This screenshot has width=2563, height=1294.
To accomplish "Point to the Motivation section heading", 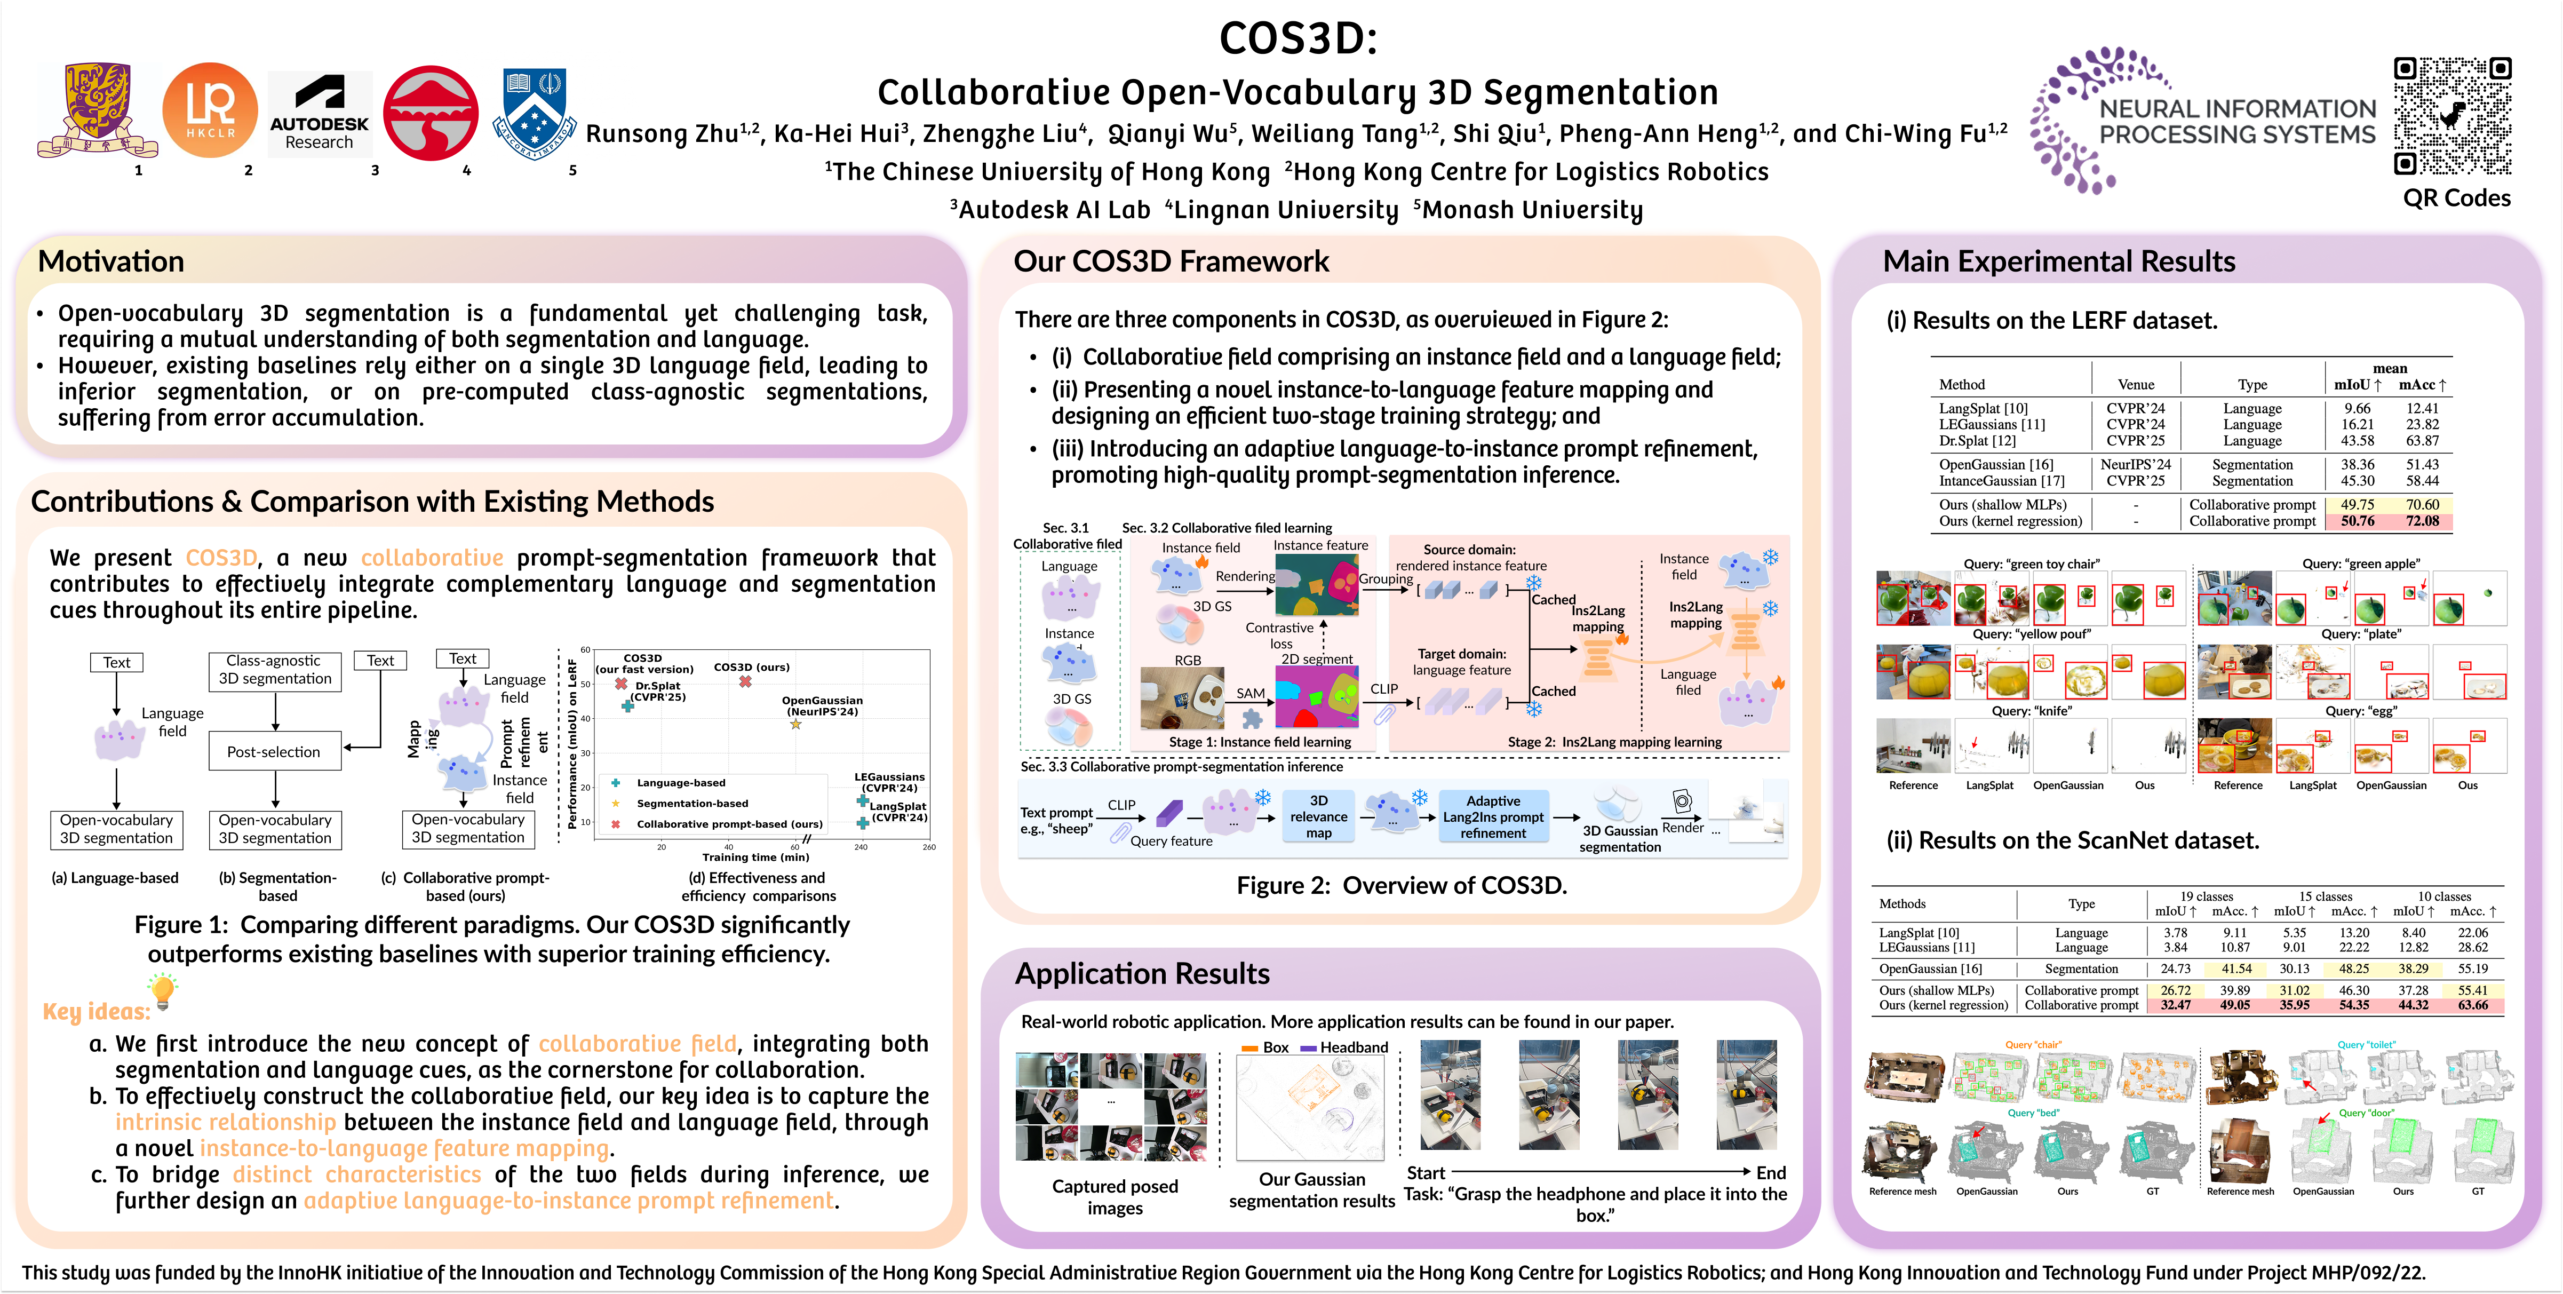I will click(x=112, y=262).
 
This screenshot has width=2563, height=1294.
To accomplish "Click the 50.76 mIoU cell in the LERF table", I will click(x=2357, y=521).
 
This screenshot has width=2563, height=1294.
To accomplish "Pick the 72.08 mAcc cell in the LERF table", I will click(x=2422, y=521).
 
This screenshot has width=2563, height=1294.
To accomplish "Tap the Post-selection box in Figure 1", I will click(x=274, y=751).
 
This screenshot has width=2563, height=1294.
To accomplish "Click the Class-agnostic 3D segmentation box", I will click(x=275, y=670).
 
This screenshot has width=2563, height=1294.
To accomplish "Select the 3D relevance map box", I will click(x=1318, y=816).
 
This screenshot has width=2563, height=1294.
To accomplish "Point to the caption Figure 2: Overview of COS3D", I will click(x=1401, y=885).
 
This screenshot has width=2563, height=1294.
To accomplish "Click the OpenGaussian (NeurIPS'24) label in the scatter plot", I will click(x=822, y=706).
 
